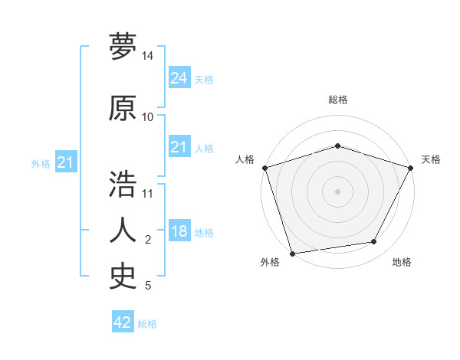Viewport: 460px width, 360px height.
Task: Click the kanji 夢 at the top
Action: [123, 47]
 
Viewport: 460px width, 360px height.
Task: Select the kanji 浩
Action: [123, 184]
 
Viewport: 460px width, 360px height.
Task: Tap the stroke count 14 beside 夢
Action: [148, 57]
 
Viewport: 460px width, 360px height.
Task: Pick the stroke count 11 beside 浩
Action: [148, 193]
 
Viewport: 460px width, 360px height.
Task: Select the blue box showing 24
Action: [179, 77]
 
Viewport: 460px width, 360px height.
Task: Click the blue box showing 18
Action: [179, 232]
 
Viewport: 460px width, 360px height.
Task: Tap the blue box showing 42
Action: [123, 322]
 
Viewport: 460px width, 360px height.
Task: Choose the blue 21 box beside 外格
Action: [65, 162]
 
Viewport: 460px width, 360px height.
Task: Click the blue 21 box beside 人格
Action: [179, 147]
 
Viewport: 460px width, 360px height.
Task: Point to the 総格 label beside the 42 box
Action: [147, 324]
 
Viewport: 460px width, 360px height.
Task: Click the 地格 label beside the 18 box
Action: [204, 233]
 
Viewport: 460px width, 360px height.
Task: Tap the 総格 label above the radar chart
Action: [337, 100]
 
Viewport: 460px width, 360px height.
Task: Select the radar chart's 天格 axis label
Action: [431, 159]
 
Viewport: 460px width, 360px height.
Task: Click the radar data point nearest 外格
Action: [292, 253]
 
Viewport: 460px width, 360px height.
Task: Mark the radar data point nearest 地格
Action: [374, 242]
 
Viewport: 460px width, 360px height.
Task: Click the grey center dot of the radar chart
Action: [337, 191]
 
